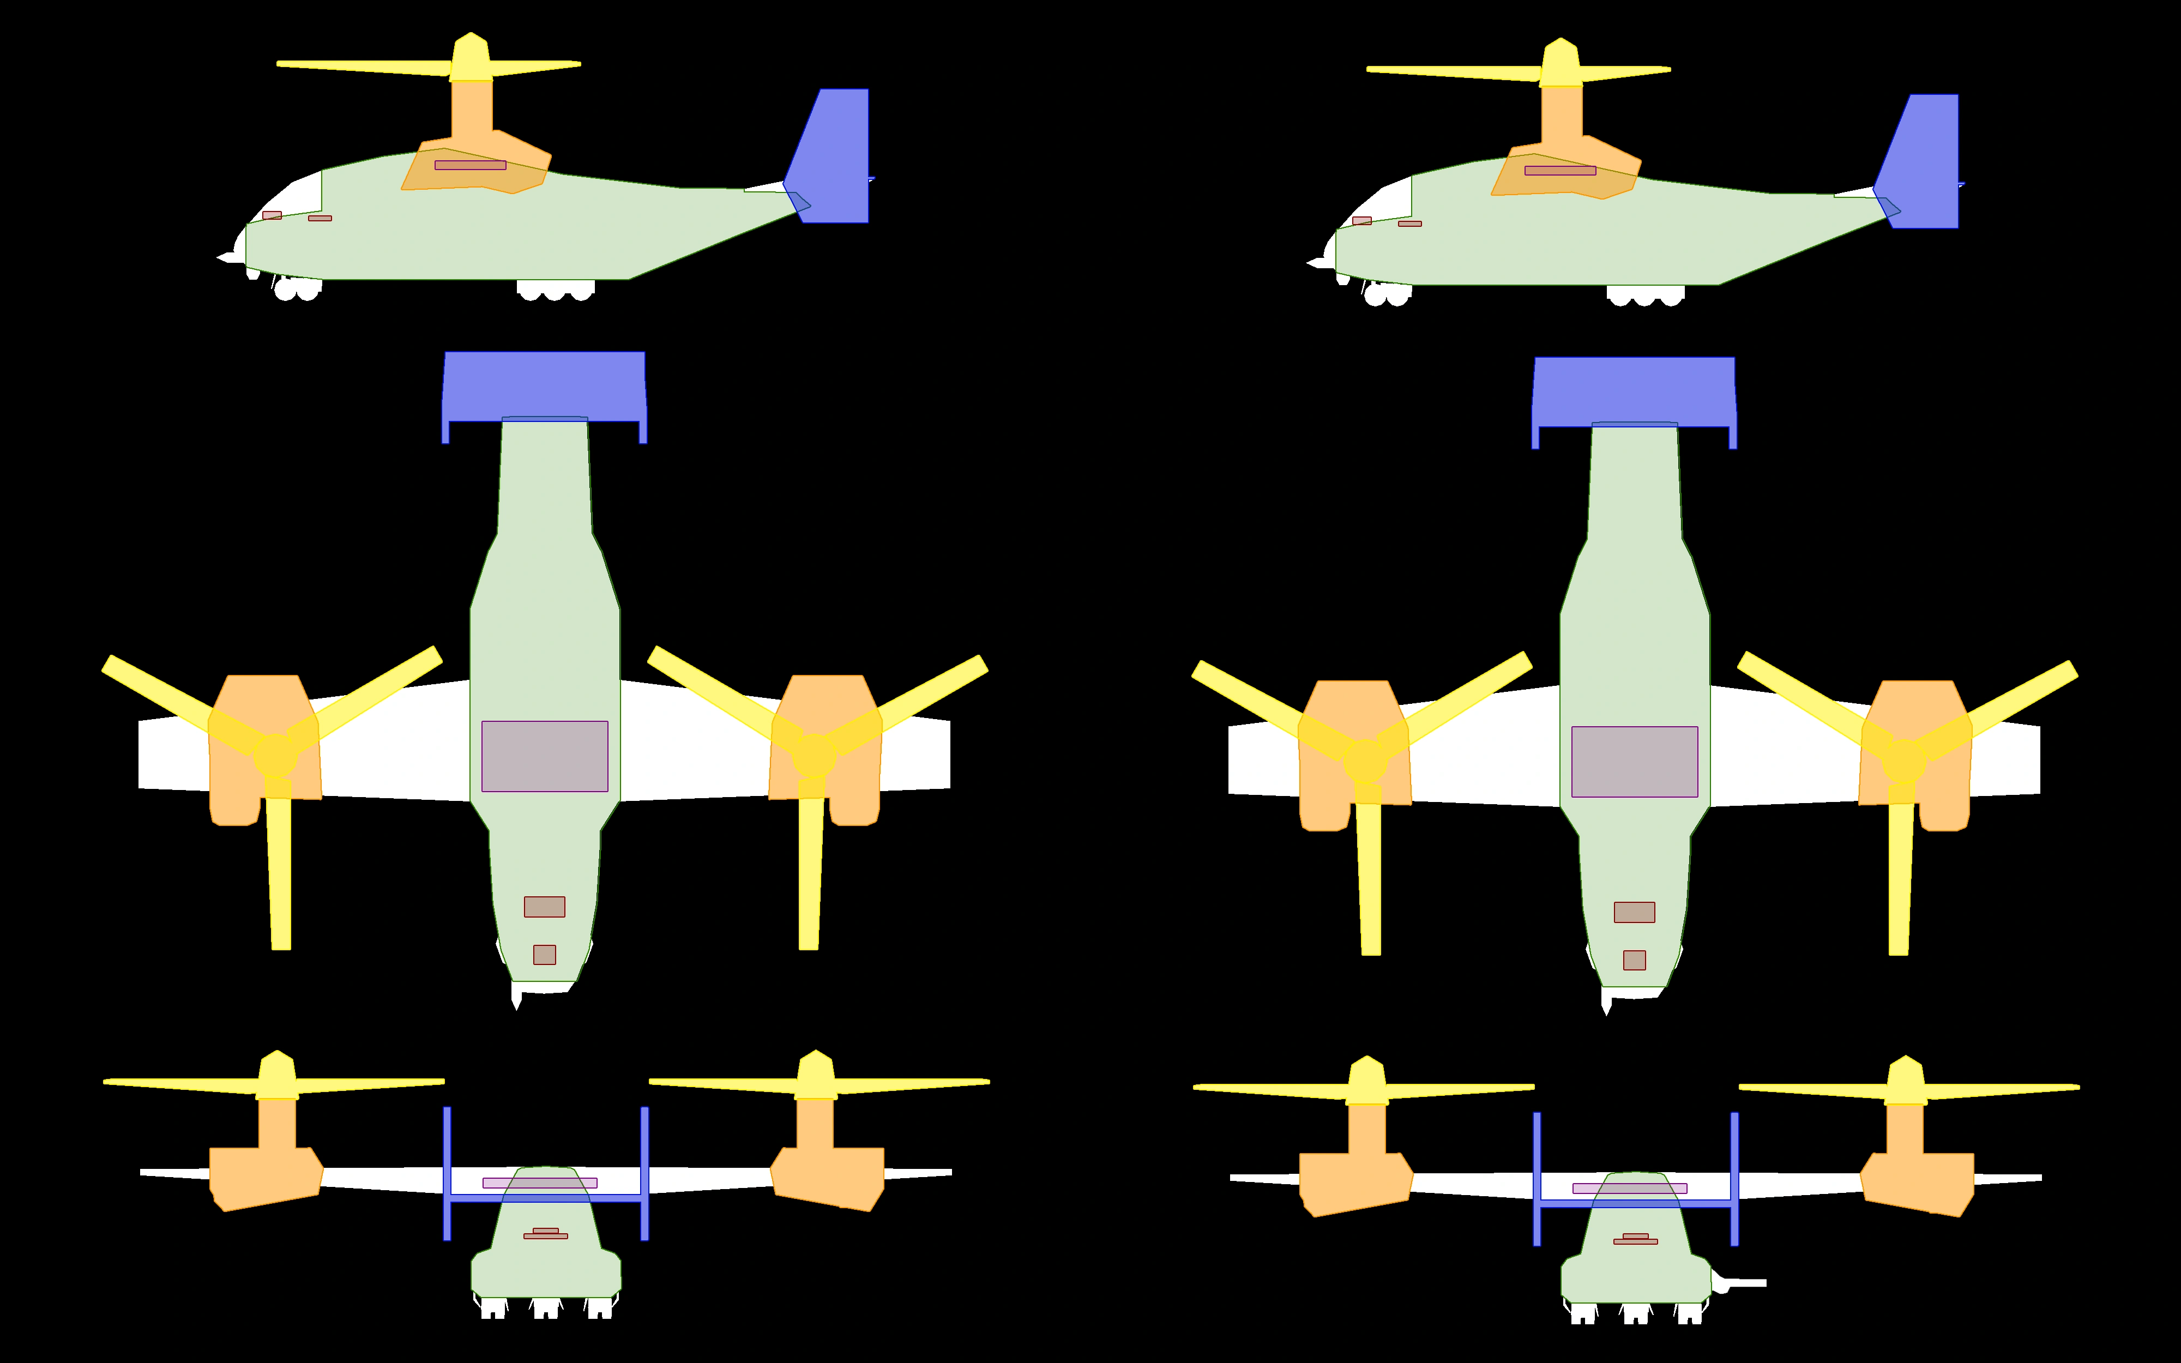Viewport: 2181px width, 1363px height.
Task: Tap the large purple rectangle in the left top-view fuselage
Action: [544, 756]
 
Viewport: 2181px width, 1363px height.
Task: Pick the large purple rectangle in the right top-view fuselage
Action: [1634, 762]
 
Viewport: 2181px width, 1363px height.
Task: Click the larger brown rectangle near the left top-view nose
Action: [544, 907]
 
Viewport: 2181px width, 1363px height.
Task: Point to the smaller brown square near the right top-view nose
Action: [1634, 960]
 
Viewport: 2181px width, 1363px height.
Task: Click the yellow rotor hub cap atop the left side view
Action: [471, 56]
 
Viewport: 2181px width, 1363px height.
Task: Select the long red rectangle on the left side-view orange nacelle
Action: [471, 165]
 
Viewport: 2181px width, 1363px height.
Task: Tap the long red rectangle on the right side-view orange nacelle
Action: [1560, 170]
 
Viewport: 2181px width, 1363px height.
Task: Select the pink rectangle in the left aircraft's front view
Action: [540, 1183]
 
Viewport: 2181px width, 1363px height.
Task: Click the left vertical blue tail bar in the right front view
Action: [1537, 1179]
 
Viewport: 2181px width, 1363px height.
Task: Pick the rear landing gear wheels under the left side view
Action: [555, 290]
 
